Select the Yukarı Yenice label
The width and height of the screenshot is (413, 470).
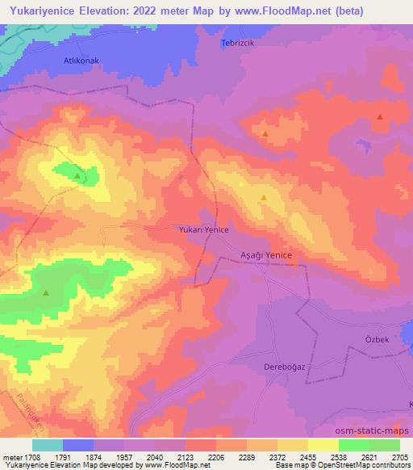tap(203, 230)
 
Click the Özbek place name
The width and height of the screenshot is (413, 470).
tap(377, 340)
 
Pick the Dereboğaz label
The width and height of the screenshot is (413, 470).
tap(265, 367)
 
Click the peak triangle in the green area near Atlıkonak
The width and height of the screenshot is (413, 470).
tap(77, 175)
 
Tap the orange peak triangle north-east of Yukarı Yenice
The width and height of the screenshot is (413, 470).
tap(263, 197)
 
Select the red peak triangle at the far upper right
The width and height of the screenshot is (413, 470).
tap(379, 117)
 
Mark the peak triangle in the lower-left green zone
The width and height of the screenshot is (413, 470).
tap(46, 292)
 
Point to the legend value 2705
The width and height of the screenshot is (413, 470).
tap(398, 457)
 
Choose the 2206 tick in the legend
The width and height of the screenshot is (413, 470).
tap(216, 457)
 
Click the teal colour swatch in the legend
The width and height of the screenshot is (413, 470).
tap(47, 445)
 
